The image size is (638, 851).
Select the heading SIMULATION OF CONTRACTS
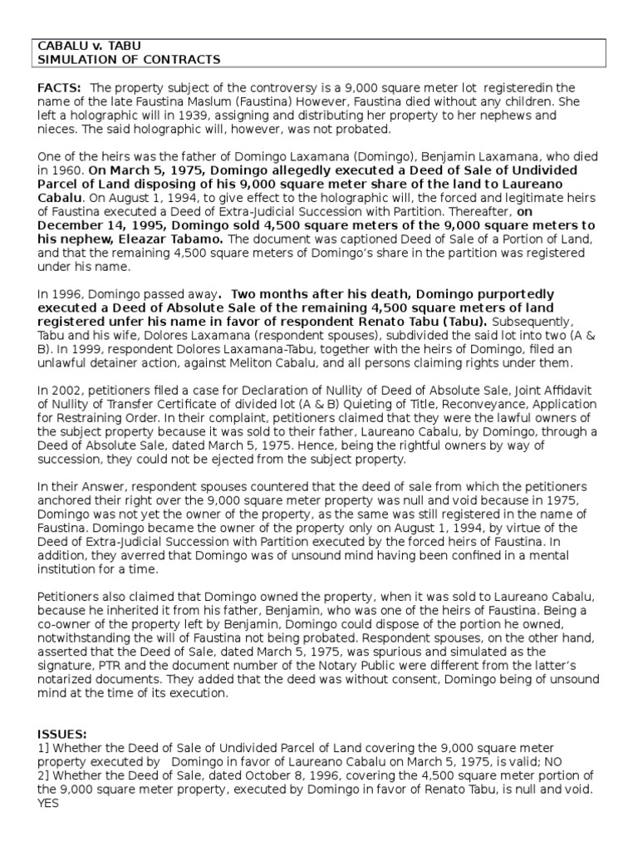(x=129, y=60)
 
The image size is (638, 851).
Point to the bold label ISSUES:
(x=62, y=735)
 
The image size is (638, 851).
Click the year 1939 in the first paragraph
(x=184, y=116)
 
